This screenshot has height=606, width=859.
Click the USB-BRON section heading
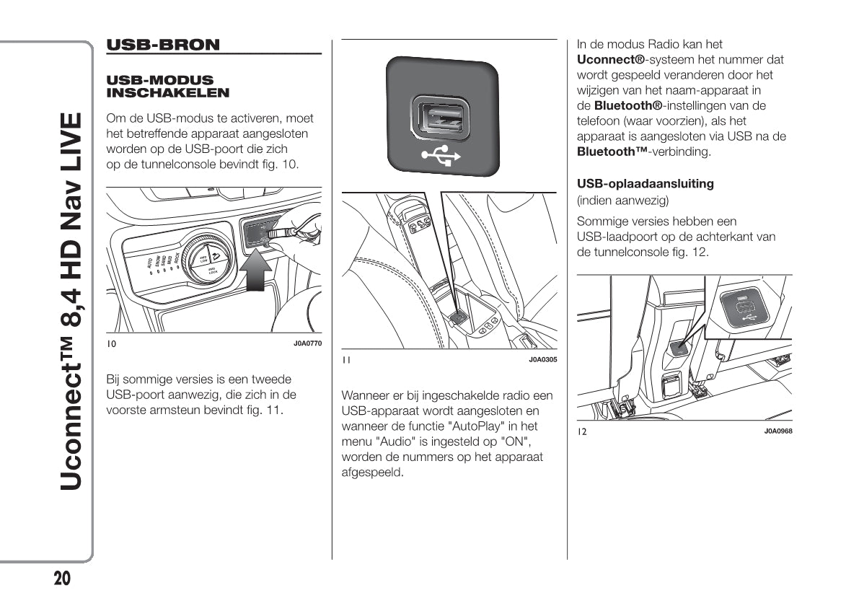163,45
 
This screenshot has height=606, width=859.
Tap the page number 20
61,579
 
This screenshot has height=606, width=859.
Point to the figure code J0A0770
307,343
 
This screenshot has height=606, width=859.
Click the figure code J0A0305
542,359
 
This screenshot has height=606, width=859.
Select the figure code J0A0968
778,431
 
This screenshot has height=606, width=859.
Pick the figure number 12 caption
581,431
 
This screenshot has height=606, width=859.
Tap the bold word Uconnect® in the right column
611,59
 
